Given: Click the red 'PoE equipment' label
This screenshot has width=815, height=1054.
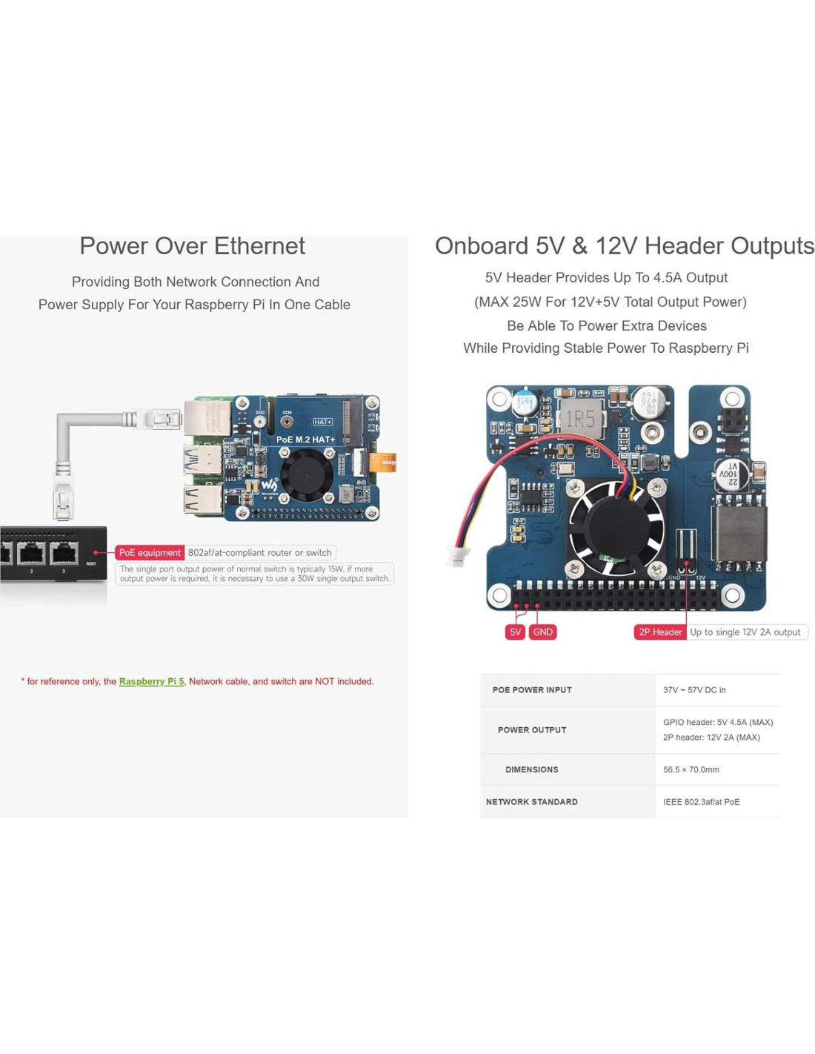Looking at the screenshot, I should tap(150, 553).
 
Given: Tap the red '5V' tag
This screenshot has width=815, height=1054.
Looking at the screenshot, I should tap(515, 632).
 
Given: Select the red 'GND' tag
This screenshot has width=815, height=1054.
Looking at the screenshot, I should tap(542, 632).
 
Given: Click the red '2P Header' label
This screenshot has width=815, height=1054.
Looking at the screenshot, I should tap(660, 632).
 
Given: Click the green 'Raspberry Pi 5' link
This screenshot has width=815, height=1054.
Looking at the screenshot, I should tap(151, 682).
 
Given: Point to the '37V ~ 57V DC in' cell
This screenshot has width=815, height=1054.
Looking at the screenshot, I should tap(694, 690).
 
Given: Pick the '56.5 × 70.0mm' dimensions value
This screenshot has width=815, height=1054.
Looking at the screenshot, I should tap(691, 770).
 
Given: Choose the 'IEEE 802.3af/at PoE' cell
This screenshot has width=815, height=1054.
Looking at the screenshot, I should tap(701, 802).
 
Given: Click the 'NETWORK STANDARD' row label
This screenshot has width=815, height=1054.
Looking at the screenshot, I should tap(531, 802).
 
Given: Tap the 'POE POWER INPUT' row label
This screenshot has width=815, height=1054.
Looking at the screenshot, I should tap(531, 690).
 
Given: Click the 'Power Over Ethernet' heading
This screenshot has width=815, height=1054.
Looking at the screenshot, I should tap(192, 246).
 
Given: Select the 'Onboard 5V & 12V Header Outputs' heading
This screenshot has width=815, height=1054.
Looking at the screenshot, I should tap(624, 246).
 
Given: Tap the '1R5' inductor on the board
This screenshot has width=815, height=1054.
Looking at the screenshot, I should tap(580, 420).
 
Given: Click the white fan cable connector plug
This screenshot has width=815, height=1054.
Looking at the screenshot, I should tap(456, 555).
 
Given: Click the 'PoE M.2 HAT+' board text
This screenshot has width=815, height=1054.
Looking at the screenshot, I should tap(305, 440).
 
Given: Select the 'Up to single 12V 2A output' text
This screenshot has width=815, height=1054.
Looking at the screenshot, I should tap(745, 632).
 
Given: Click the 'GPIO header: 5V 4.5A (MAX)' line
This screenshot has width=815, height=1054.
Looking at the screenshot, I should tap(717, 722).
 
